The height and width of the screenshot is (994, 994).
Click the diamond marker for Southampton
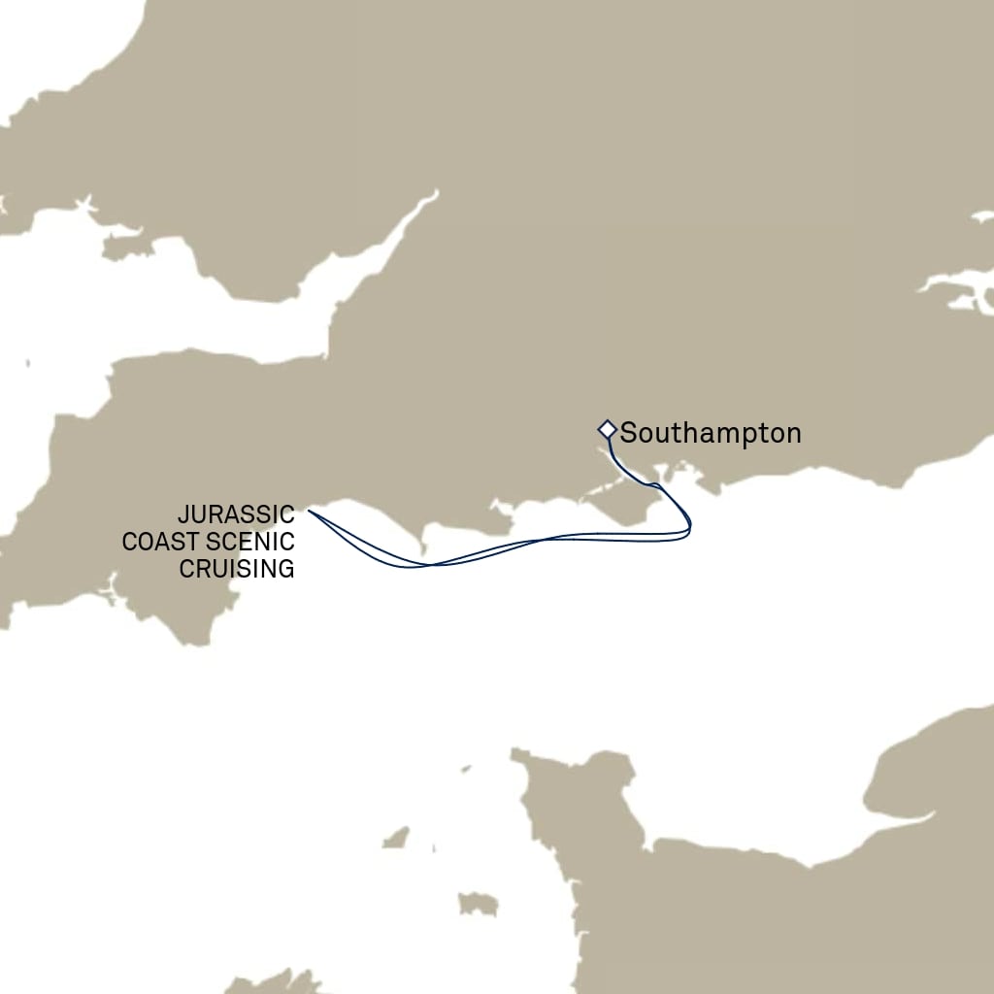tap(607, 428)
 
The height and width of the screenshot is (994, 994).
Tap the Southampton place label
tap(711, 433)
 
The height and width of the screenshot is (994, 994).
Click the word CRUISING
tap(236, 569)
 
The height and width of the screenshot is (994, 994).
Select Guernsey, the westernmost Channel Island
tap(395, 837)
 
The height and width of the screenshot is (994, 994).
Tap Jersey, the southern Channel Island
tap(478, 904)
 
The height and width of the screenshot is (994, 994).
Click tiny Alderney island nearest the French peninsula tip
tap(465, 769)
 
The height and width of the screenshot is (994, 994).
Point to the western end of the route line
tap(309, 511)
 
